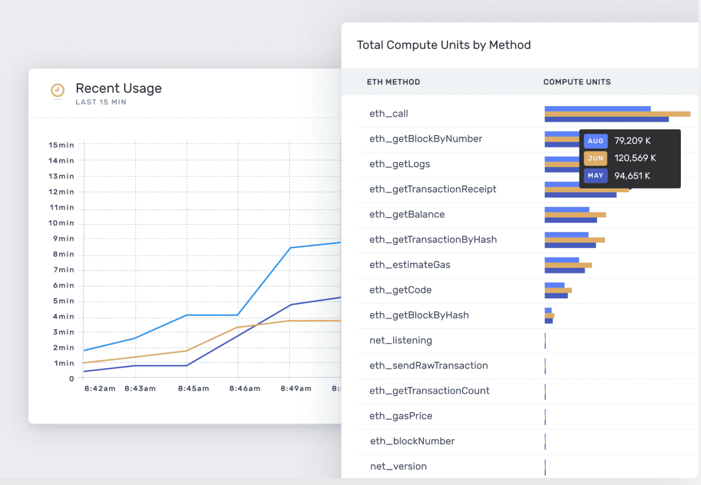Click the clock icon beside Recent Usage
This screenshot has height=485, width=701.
pos(57,90)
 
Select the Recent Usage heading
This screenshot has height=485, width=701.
pos(118,89)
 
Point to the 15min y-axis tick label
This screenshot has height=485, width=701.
pos(61,145)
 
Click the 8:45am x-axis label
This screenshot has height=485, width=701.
pos(193,389)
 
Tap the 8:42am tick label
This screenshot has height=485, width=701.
pos(100,389)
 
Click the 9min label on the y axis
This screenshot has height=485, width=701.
pos(64,239)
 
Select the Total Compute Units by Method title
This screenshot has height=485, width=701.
pos(443,45)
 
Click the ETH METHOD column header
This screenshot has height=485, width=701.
pos(393,82)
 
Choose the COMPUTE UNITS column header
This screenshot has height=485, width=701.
pos(576,82)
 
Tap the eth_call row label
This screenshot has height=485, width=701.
pos(389,114)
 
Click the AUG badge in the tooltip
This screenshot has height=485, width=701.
pos(595,141)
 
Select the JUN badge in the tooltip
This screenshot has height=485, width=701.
pos(595,158)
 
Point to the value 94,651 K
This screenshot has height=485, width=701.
pos(632,176)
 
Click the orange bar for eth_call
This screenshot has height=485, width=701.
pos(617,114)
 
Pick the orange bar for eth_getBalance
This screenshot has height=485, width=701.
pos(575,215)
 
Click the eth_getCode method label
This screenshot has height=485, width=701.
pos(400,290)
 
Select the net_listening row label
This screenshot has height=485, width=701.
pos(401,340)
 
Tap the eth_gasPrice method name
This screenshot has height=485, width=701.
pos(401,416)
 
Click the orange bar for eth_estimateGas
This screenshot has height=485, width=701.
pos(568,265)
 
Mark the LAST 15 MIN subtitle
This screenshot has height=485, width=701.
pos(101,102)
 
